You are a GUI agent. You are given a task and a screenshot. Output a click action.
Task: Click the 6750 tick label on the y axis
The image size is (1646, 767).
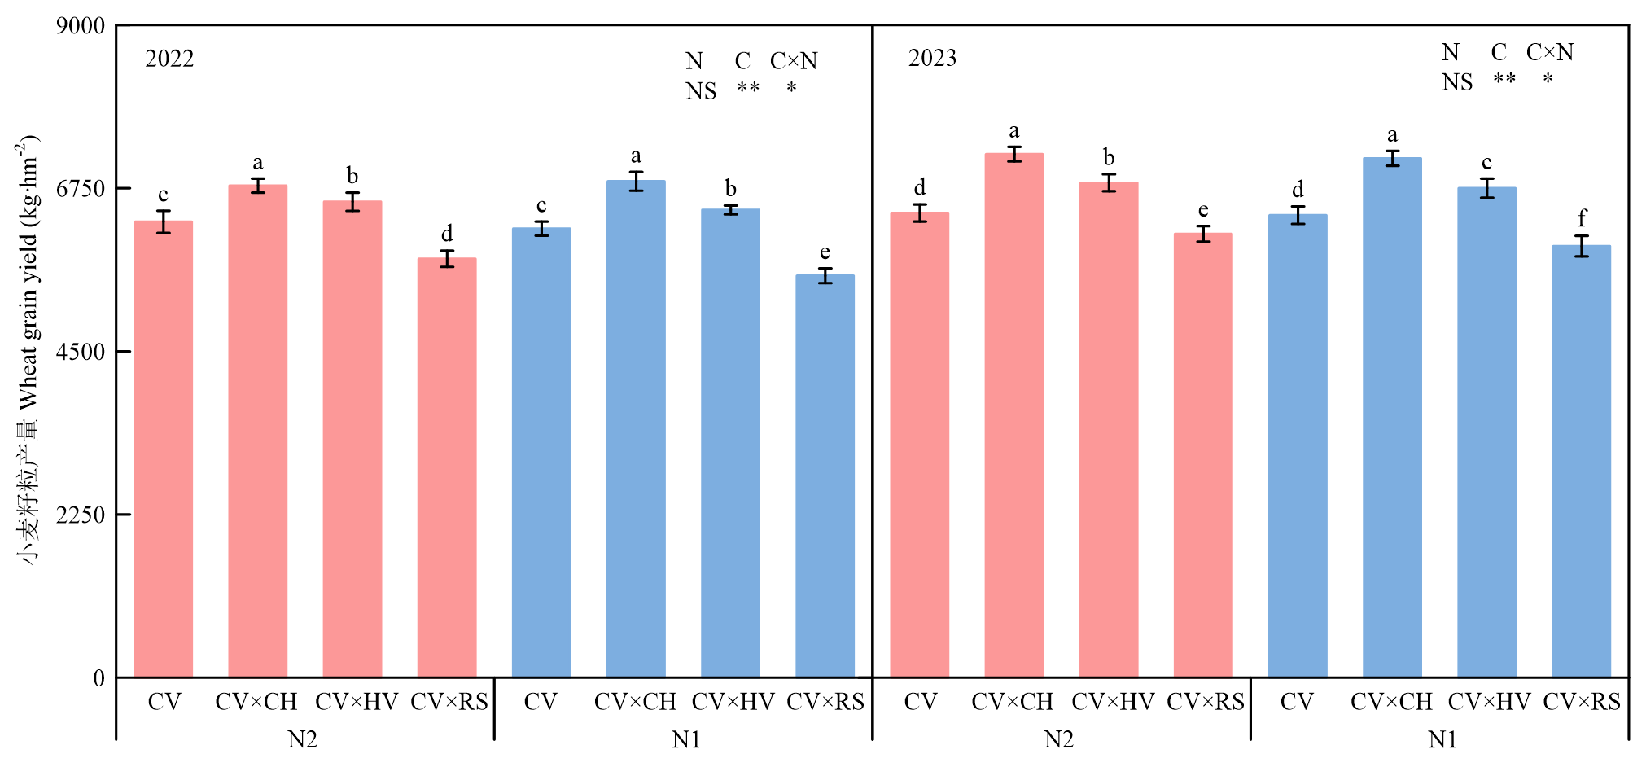click(x=81, y=189)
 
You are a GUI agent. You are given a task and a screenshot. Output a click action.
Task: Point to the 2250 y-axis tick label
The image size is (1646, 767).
click(x=81, y=515)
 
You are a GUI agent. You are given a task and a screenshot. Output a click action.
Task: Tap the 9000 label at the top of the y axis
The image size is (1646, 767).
click(x=81, y=26)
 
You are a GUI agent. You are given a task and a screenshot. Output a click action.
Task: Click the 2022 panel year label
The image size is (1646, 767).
click(x=169, y=59)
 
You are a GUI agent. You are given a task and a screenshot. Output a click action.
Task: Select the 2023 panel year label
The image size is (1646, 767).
click(x=932, y=58)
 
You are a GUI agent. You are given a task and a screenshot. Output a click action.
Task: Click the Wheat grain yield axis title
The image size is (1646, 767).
click(x=28, y=350)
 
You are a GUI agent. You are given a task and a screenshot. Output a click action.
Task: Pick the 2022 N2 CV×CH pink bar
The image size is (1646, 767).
click(x=257, y=432)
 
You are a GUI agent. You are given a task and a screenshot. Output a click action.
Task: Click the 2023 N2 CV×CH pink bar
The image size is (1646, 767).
click(x=1013, y=415)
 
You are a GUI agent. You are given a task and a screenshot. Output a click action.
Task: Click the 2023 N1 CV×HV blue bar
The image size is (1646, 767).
click(x=1486, y=432)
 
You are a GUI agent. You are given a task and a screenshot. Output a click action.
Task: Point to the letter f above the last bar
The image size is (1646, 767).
click(x=1582, y=218)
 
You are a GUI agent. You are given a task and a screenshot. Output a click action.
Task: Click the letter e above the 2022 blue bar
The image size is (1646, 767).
click(x=825, y=252)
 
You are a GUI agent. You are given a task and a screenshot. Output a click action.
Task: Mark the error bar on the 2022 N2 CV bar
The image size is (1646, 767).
click(x=164, y=221)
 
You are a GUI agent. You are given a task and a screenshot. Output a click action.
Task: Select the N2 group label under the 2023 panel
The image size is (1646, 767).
click(x=1058, y=739)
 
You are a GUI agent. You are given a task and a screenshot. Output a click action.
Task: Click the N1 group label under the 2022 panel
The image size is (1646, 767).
click(x=686, y=739)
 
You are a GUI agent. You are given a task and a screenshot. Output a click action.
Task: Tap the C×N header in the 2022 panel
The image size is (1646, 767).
click(x=794, y=61)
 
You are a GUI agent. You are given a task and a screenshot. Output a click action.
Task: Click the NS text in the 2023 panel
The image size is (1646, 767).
click(x=1457, y=82)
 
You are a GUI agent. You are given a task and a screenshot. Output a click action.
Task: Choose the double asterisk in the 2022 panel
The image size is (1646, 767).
click(x=748, y=88)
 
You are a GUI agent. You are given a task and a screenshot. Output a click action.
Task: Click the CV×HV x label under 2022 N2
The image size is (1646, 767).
click(x=357, y=702)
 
